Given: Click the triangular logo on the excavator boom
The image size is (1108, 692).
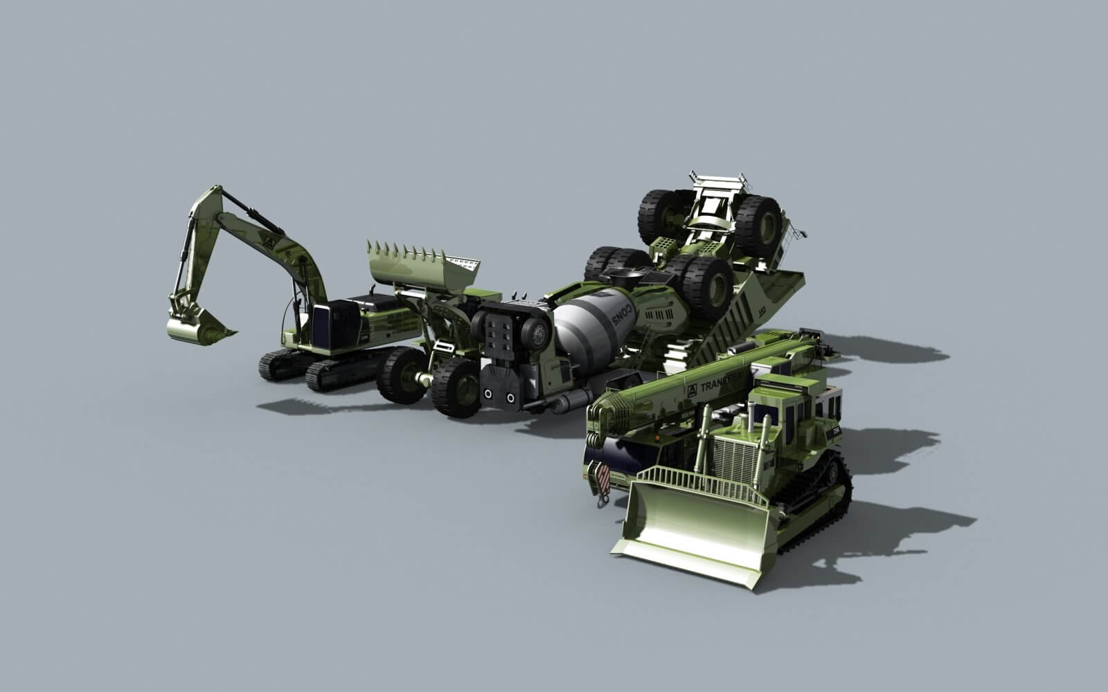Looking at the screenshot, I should (267, 243).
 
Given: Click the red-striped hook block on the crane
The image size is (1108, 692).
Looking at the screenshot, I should (602, 477).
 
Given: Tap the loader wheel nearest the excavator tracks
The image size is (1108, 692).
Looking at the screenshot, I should (402, 374).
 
